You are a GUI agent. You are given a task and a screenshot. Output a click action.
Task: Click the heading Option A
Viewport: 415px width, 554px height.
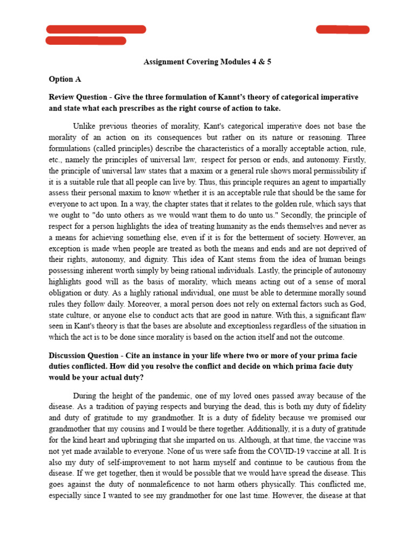[65, 80]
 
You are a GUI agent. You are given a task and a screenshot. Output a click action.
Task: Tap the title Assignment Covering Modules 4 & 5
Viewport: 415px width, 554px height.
[207, 62]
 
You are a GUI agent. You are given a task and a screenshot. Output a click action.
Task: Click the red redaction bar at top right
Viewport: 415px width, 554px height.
[343, 30]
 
